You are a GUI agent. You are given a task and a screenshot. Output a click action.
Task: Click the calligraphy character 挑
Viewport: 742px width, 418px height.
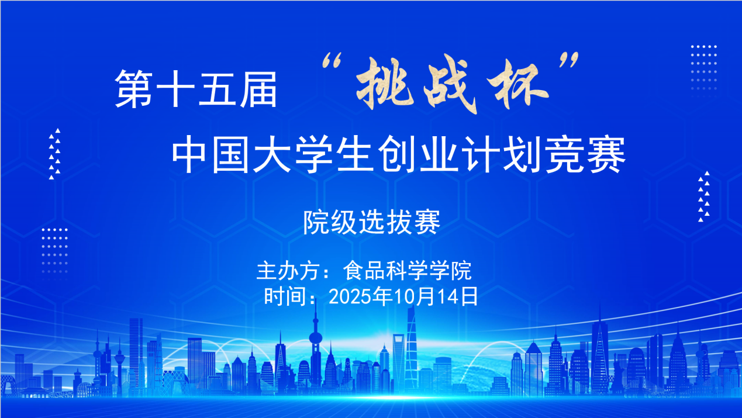tap(385, 84)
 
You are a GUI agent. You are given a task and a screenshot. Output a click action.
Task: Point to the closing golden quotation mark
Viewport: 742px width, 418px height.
tap(569, 60)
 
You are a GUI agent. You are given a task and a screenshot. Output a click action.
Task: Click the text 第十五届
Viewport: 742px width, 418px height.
tap(196, 89)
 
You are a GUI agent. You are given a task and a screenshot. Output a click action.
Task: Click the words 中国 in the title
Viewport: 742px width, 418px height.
tap(210, 154)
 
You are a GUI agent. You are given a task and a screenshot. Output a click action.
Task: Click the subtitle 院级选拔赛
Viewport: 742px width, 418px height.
tap(372, 222)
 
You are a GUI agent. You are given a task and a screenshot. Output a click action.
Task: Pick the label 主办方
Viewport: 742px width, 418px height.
tap(288, 271)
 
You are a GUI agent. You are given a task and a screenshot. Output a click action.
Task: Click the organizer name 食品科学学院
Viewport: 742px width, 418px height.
tap(408, 271)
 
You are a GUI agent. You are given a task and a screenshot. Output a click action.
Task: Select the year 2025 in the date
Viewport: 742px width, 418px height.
tap(350, 296)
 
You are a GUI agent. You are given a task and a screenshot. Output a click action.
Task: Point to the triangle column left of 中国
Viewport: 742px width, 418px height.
tap(54, 154)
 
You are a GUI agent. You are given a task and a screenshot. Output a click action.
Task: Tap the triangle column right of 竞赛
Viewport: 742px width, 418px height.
tap(704, 196)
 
